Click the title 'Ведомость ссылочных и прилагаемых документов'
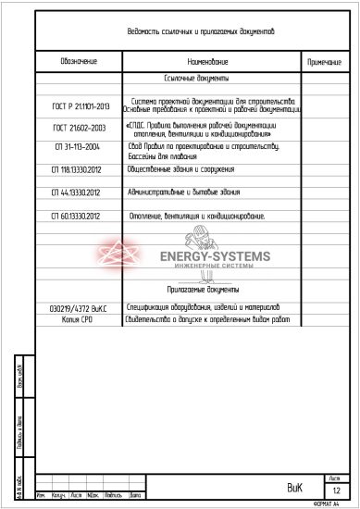(200, 31)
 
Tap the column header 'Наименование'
(214, 61)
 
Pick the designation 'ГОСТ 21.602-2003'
(79, 127)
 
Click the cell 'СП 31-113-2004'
(79, 148)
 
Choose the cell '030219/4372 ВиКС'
(78, 307)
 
